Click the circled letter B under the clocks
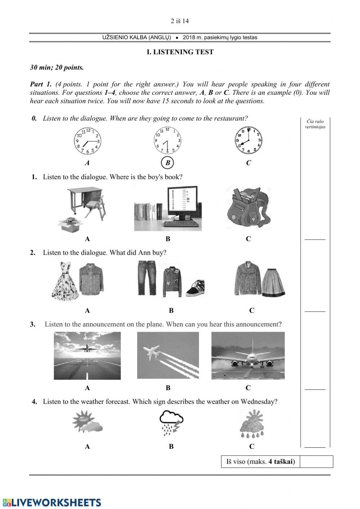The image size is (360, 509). [x=167, y=163]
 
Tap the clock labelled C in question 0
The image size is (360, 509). [x=248, y=140]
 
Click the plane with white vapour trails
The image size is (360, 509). [x=168, y=356]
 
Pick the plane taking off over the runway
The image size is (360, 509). [x=87, y=355]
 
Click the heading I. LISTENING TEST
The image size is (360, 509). [x=180, y=52]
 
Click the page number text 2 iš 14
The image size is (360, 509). [x=180, y=21]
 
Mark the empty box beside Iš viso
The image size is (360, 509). [x=316, y=461]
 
